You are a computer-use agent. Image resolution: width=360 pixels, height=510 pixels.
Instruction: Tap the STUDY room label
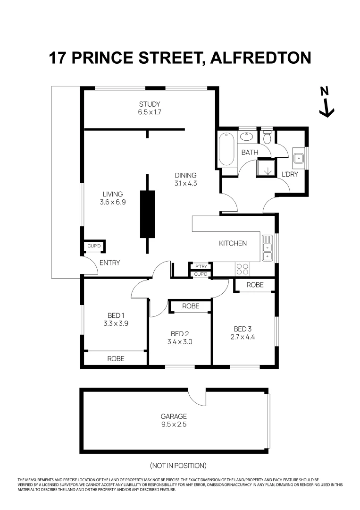point(150,104)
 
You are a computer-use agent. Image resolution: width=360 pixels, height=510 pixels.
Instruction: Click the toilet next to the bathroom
point(268,137)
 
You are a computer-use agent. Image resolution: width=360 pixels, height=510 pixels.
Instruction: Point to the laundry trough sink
point(298,158)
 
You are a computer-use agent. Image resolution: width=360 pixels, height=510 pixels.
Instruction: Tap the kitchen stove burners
point(242,269)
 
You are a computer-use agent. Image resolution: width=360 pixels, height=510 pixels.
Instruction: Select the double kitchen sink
point(267,248)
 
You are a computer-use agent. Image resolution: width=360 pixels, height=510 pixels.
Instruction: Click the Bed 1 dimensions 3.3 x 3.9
point(116,324)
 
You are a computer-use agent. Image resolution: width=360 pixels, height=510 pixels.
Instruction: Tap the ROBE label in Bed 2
point(191,306)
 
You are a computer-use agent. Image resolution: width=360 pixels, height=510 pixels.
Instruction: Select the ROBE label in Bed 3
point(255,285)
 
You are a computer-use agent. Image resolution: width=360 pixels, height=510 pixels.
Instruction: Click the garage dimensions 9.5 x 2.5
point(174,425)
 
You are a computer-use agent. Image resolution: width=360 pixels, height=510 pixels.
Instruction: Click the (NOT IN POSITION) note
point(178,466)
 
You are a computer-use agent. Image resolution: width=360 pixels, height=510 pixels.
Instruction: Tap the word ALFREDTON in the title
point(260,58)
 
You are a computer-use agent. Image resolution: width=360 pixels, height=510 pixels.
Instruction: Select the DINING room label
point(185,175)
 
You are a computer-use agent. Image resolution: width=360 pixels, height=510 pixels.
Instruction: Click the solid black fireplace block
point(147,214)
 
